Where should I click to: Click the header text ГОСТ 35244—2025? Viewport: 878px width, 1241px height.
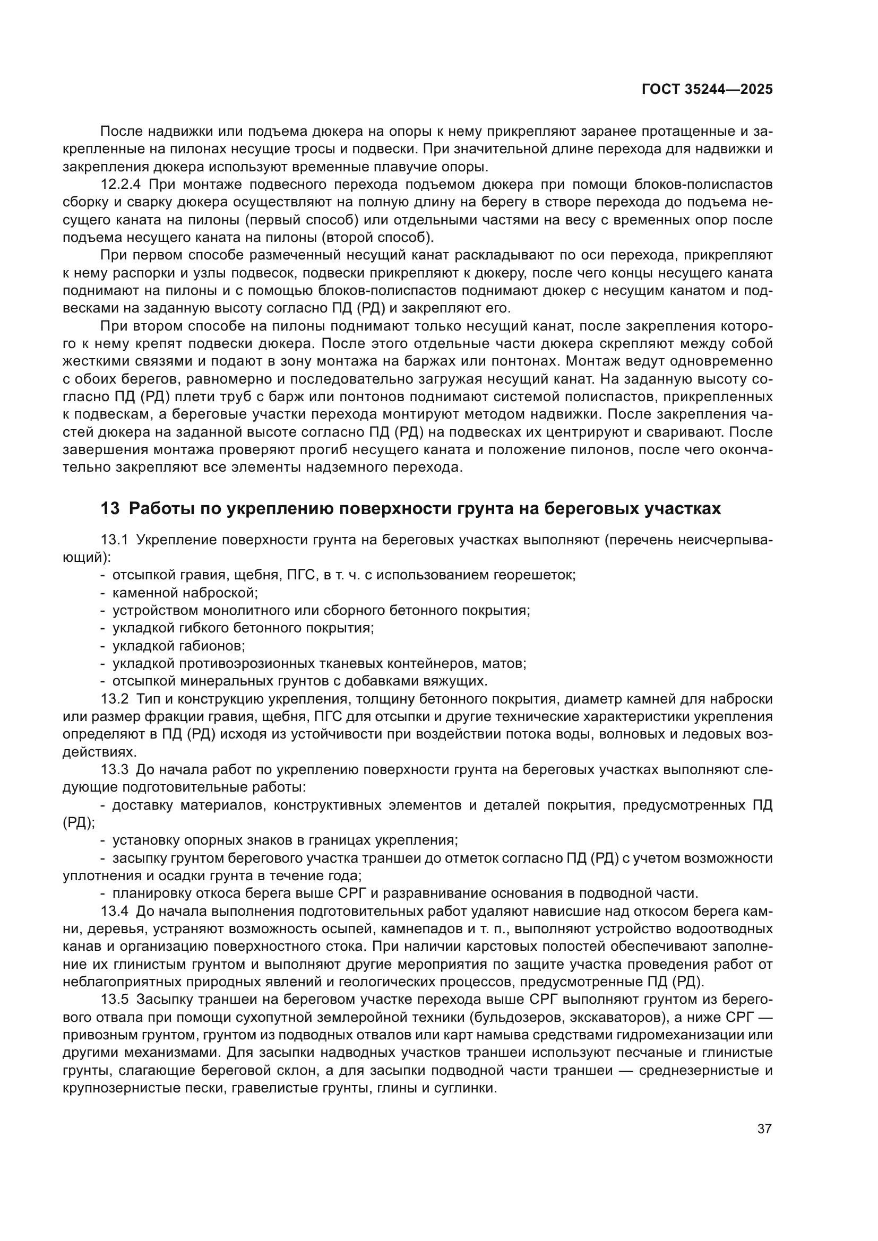point(707,90)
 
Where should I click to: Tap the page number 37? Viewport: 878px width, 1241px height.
point(764,1129)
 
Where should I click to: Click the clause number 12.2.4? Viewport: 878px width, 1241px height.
point(120,185)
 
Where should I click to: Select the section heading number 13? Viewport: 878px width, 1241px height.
point(110,509)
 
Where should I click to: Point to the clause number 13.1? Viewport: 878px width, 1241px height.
point(114,540)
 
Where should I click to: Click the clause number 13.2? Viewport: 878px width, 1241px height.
point(114,699)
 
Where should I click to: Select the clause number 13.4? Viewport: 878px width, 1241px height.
point(114,912)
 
